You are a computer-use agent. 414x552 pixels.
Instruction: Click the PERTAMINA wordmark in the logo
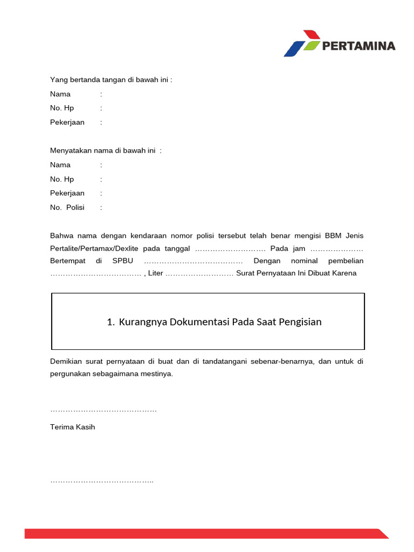[358, 46]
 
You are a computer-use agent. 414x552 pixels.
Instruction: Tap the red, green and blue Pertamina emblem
[302, 43]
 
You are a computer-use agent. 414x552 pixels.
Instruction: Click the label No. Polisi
[67, 208]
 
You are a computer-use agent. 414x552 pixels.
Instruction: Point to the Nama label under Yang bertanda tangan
[60, 94]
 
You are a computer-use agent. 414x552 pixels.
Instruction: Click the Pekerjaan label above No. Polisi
[67, 193]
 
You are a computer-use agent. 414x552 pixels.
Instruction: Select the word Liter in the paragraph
[155, 273]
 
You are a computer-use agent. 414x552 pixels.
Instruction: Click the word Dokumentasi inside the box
[200, 322]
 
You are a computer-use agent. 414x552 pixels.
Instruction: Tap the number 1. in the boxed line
[111, 322]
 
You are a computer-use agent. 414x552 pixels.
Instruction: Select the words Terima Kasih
[73, 427]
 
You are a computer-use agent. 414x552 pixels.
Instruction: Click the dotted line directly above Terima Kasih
[103, 411]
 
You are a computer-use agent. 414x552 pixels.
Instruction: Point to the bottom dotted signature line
[102, 481]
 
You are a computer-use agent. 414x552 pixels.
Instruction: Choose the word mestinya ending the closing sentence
[157, 374]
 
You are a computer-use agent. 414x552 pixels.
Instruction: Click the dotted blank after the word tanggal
[230, 249]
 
